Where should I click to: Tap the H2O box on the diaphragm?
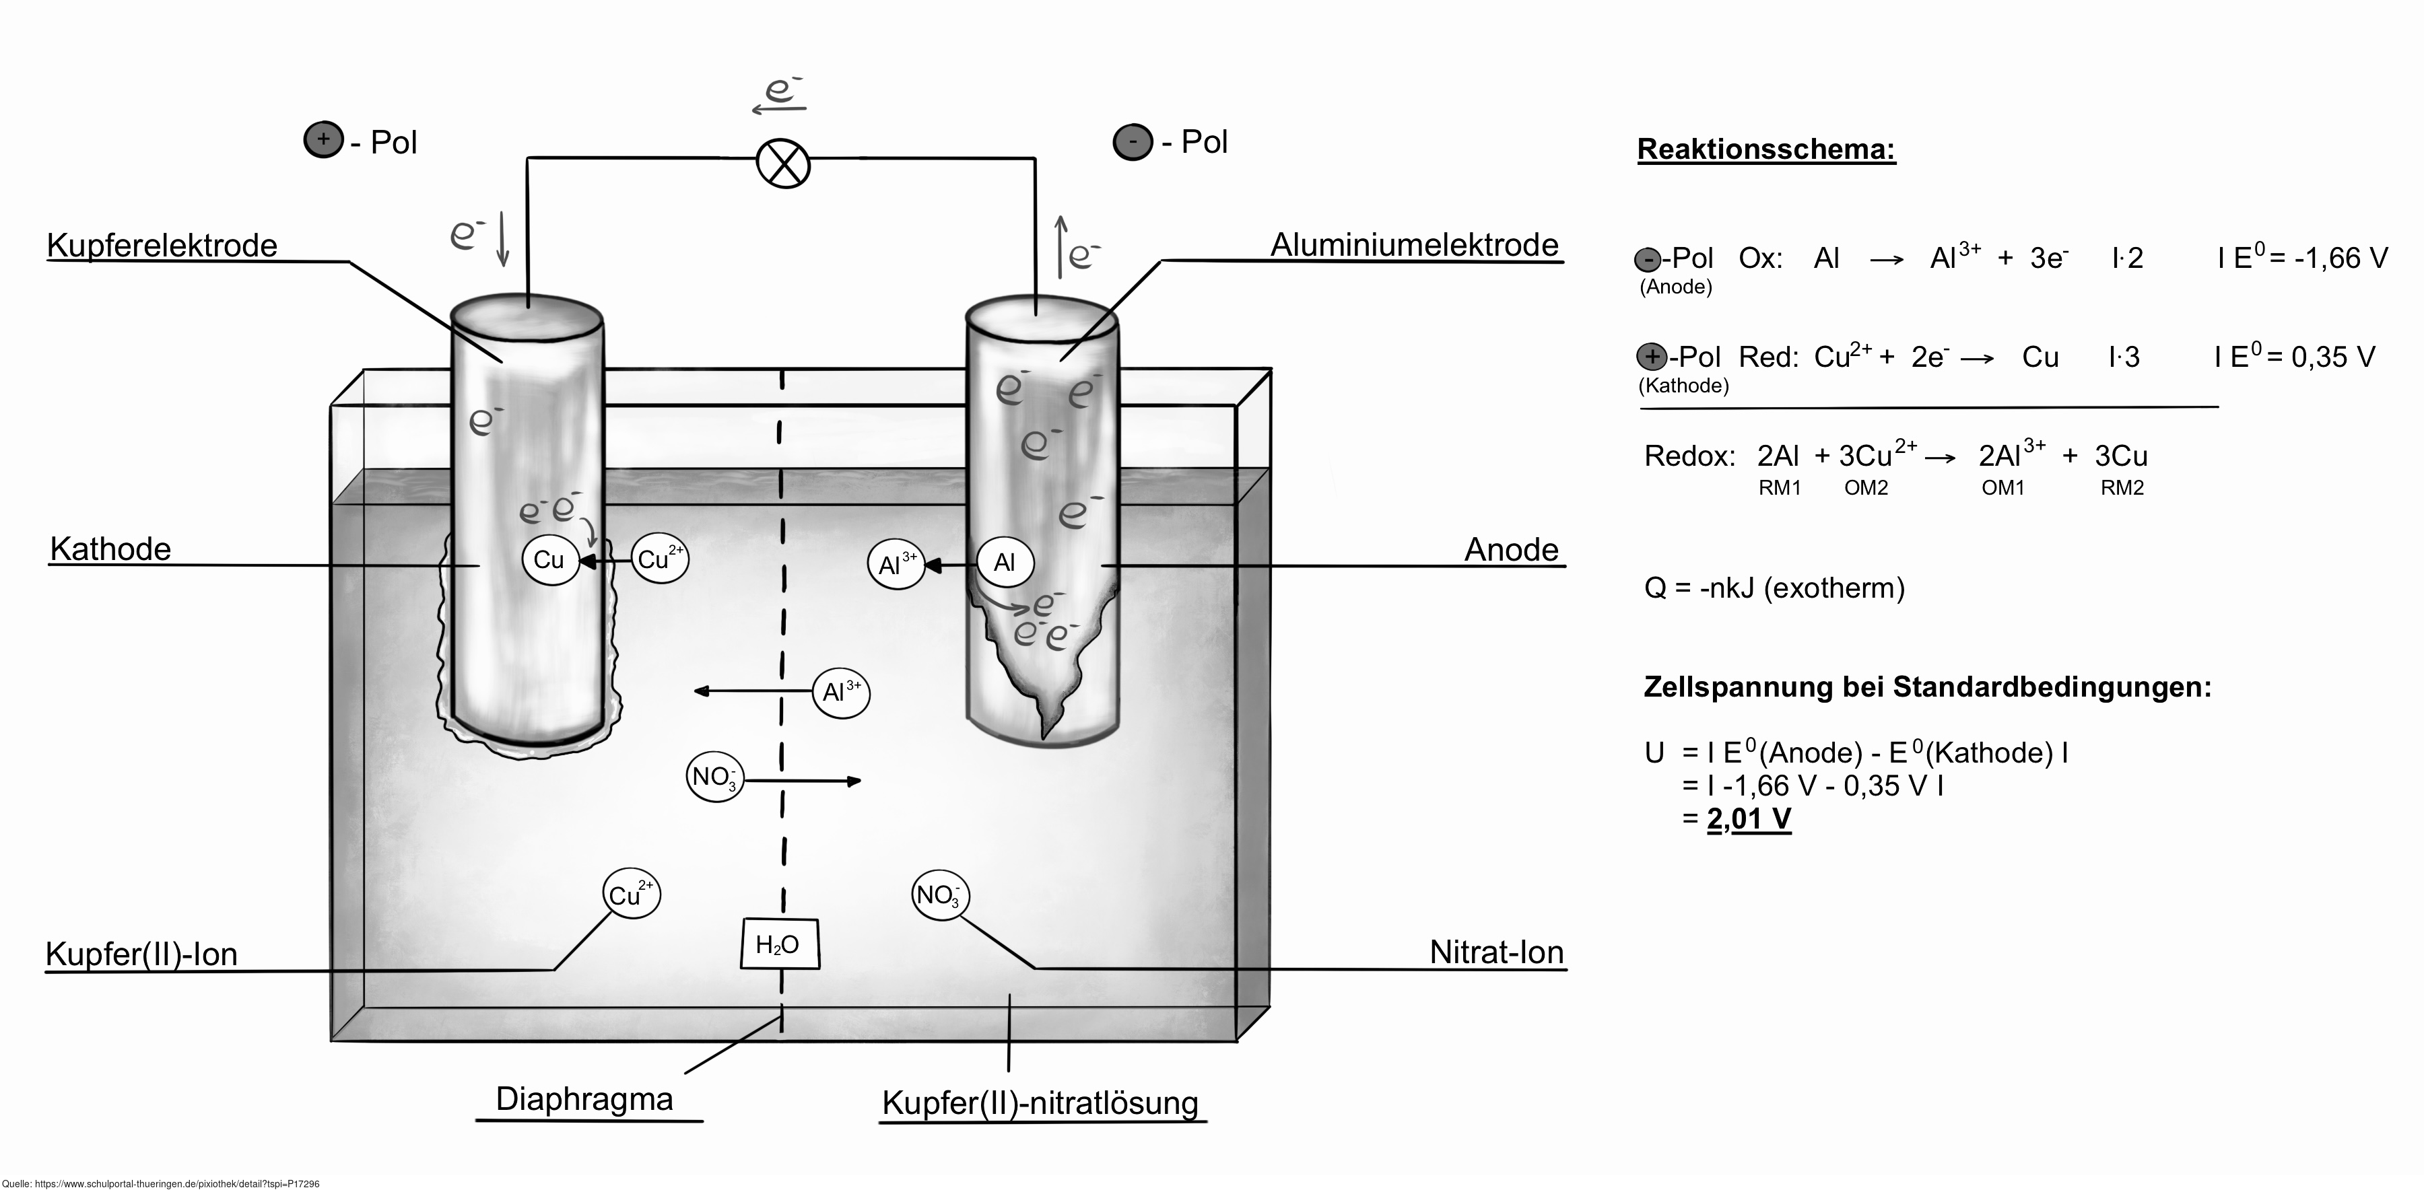tap(779, 944)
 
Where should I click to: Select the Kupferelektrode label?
tap(162, 246)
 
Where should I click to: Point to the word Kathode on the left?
tap(110, 549)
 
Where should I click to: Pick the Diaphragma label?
tap(584, 1099)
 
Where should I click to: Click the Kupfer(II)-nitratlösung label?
tap(1040, 1102)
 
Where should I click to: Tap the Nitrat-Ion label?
tap(1496, 952)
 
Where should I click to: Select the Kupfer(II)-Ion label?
tap(141, 954)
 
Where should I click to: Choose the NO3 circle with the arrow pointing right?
tap(715, 777)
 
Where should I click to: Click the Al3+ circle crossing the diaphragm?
tap(841, 693)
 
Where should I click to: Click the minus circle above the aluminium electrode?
tap(1133, 143)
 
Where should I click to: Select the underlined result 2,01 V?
tap(1749, 818)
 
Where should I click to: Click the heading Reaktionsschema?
tap(1766, 149)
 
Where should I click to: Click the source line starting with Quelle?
tap(161, 1183)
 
